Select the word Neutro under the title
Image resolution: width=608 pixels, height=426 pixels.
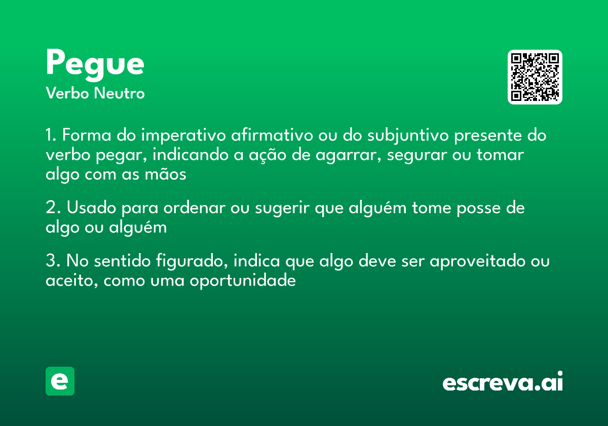pyautogui.click(x=119, y=93)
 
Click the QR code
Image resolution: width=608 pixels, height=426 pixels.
pyautogui.click(x=535, y=77)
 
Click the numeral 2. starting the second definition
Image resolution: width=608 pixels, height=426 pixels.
pyautogui.click(x=52, y=208)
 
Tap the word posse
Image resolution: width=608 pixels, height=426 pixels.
pyautogui.click(x=475, y=208)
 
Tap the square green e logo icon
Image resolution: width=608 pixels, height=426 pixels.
pyautogui.click(x=60, y=381)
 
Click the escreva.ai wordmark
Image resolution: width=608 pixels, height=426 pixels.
pyautogui.click(x=503, y=382)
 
